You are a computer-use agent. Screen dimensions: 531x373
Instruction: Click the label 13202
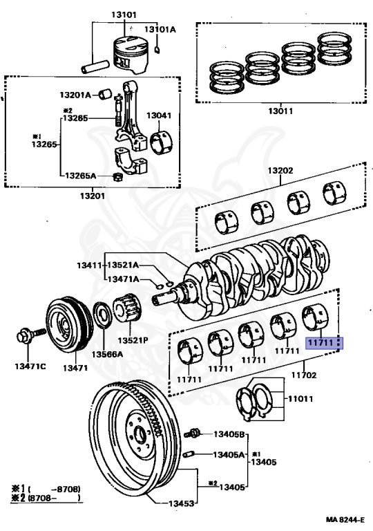click(x=281, y=170)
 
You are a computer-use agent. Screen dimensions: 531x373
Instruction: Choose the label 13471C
click(x=28, y=366)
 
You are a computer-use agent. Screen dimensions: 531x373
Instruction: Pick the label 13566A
click(x=108, y=354)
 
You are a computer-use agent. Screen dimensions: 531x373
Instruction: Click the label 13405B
click(x=229, y=434)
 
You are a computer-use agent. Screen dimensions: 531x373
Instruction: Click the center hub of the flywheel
click(x=141, y=434)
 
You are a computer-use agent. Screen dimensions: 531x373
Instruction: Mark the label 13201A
click(x=75, y=95)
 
